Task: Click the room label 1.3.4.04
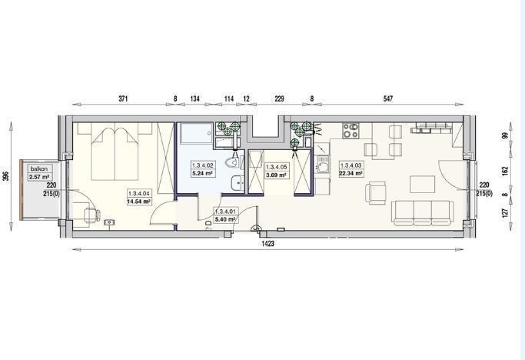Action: tap(139, 193)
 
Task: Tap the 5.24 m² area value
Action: tap(203, 173)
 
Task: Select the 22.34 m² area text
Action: tap(351, 173)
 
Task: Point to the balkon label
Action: tap(39, 169)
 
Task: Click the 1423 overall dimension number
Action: tap(267, 244)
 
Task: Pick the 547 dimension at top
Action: tap(387, 98)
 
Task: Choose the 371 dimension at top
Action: tap(123, 98)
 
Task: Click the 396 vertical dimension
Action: tap(5, 176)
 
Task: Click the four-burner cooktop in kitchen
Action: tap(351, 131)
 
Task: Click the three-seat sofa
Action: tap(422, 212)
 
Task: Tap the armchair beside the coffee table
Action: tap(376, 192)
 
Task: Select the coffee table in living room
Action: tap(422, 185)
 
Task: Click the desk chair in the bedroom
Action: tap(91, 215)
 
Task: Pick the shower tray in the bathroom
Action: tap(197, 133)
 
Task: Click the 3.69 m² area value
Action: tap(275, 175)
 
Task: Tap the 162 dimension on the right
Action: tap(505, 171)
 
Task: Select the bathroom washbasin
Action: tap(238, 183)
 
